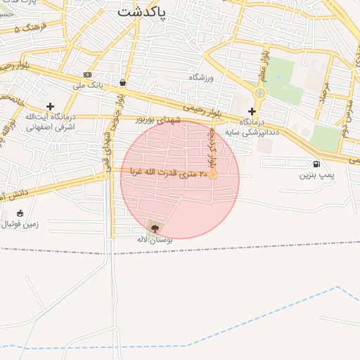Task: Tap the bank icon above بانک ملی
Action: [x=87, y=75]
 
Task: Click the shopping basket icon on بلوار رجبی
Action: [x=123, y=82]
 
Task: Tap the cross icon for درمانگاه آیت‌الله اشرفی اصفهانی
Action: [x=50, y=106]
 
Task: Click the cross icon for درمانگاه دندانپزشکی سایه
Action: [x=252, y=111]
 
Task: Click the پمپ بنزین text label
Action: [x=314, y=174]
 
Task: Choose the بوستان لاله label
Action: [x=155, y=240]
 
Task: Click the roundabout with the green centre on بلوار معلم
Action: [x=261, y=92]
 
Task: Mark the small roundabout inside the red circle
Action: [x=213, y=175]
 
